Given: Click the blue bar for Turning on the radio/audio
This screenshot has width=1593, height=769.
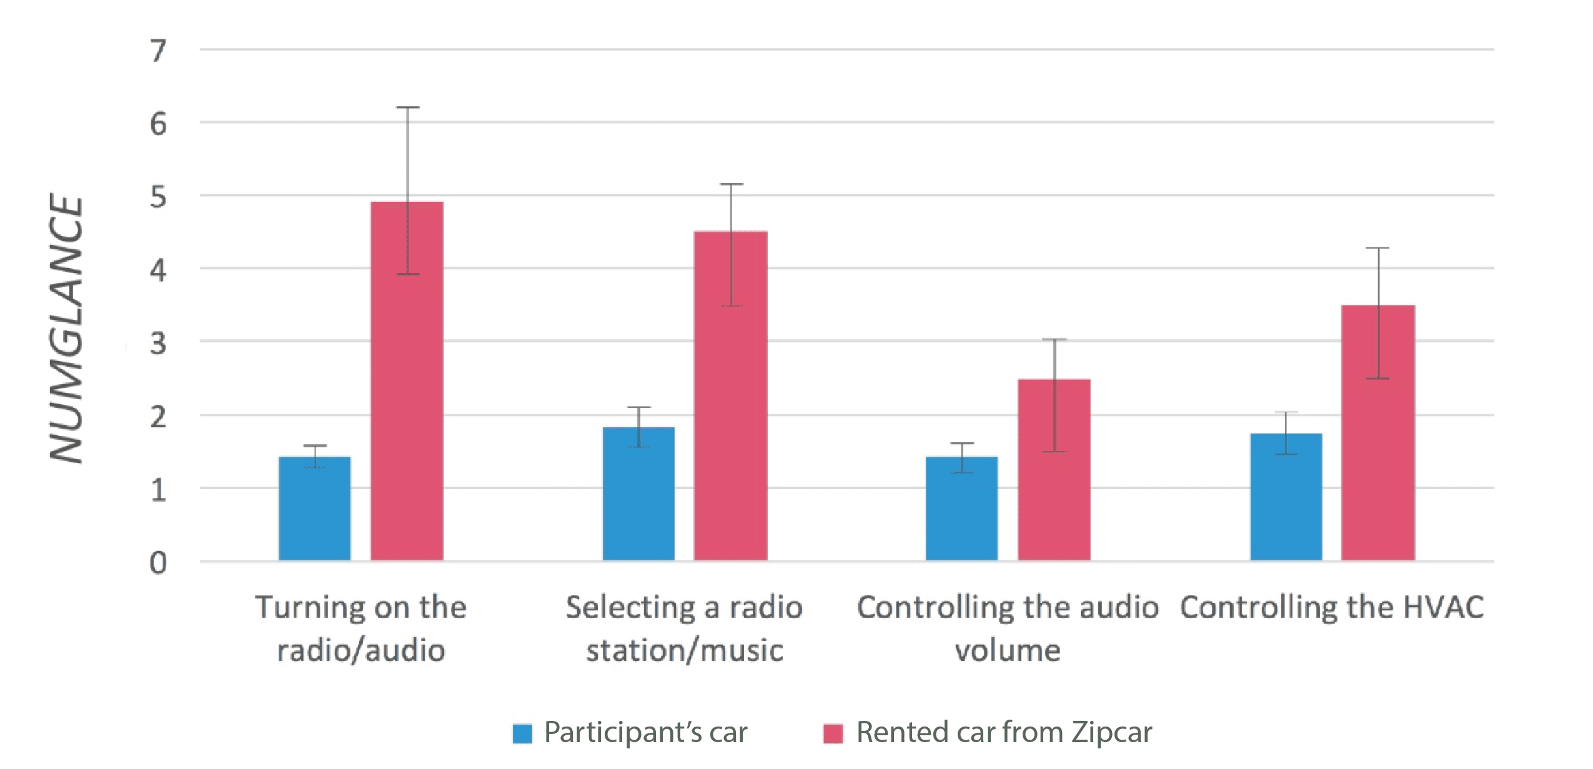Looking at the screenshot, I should [x=314, y=509].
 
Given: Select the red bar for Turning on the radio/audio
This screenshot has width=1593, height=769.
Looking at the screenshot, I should [x=407, y=381].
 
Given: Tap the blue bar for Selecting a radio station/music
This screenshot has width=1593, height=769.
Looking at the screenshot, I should [x=638, y=494].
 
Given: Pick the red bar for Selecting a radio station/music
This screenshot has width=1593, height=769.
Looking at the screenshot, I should [x=730, y=396].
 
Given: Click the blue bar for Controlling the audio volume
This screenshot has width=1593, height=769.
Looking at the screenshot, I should [x=961, y=509].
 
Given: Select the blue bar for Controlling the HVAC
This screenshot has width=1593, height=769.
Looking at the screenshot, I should [x=1286, y=497].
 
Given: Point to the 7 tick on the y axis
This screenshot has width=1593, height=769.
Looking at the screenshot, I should [x=158, y=51].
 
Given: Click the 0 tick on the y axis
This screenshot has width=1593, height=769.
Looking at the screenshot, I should [x=158, y=563].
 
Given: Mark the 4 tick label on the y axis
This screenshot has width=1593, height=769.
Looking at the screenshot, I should [x=158, y=270].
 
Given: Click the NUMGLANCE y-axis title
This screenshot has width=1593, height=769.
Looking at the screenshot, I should [x=66, y=328].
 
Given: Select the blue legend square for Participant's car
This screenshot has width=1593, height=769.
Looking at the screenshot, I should [x=522, y=733].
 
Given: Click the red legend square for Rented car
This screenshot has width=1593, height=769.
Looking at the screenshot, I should [x=833, y=733].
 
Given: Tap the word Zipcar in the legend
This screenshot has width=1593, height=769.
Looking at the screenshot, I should [x=1112, y=732].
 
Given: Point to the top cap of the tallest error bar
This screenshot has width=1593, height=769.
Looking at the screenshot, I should [x=407, y=107].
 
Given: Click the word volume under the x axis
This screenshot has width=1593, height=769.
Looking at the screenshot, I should [x=1007, y=651].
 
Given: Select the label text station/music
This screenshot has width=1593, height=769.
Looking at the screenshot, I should [x=684, y=651].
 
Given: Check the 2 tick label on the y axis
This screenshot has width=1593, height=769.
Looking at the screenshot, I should [x=158, y=417].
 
